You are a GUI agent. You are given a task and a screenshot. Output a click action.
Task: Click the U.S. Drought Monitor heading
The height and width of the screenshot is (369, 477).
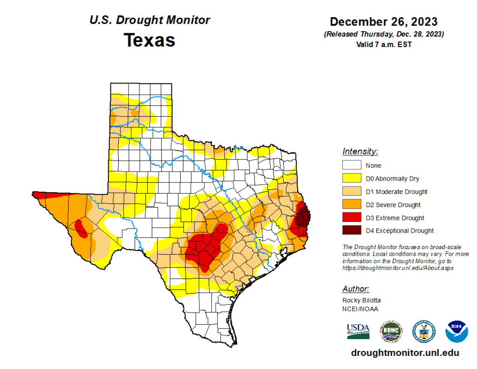[x=150, y=20]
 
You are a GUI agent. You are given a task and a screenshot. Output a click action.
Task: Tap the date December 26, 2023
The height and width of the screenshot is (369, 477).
[x=383, y=22]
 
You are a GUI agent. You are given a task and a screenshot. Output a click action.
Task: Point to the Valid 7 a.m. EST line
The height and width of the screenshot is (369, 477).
[x=383, y=44]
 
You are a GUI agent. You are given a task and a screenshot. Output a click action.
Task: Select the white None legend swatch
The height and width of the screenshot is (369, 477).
[x=352, y=165]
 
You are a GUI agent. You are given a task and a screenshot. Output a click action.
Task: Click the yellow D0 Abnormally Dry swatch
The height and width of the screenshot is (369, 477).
[x=352, y=178]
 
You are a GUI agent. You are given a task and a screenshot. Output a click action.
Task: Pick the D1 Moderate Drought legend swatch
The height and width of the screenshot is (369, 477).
[x=352, y=191]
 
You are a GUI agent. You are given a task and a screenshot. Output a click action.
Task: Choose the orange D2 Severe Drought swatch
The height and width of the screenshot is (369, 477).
[x=352, y=204]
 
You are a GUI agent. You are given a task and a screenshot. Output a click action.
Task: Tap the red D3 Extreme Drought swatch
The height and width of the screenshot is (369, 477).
[x=352, y=217]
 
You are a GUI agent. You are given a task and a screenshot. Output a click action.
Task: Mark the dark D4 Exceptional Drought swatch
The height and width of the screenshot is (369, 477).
[x=352, y=230]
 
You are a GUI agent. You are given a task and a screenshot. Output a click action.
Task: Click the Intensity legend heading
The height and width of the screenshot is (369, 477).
[x=360, y=152]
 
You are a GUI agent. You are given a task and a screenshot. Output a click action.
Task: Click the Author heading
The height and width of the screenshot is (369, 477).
[x=356, y=289]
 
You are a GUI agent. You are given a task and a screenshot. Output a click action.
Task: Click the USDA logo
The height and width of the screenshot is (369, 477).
[x=358, y=331]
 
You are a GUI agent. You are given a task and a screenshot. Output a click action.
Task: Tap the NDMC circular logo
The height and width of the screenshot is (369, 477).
[x=390, y=331]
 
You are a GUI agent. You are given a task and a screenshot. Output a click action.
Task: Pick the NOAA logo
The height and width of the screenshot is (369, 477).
[x=457, y=331]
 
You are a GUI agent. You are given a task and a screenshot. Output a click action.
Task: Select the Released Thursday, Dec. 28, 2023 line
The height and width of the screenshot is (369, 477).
[x=383, y=35]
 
